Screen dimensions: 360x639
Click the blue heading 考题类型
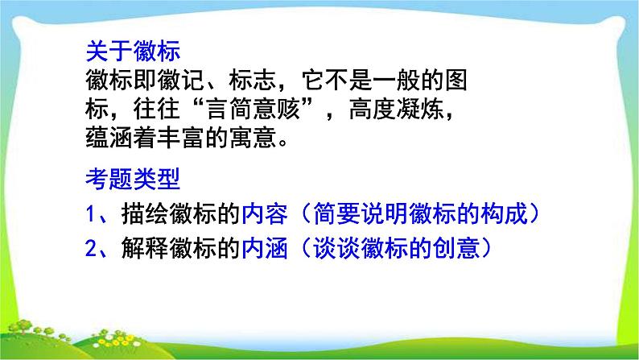tap(134, 177)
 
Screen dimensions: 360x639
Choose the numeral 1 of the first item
tap(92, 214)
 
